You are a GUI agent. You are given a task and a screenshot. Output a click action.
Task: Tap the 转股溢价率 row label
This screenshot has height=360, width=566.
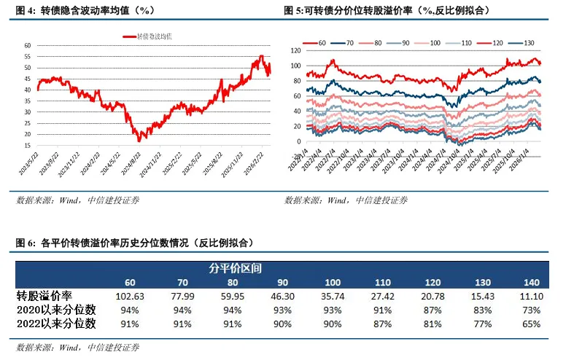[44, 297]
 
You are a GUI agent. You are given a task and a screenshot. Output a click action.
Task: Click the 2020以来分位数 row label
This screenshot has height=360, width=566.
[57, 310]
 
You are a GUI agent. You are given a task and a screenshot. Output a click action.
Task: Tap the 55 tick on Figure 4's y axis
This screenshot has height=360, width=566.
[27, 56]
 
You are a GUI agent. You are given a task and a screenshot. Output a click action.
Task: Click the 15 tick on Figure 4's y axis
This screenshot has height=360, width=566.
[27, 146]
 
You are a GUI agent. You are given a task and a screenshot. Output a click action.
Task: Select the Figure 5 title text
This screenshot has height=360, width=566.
[387, 10]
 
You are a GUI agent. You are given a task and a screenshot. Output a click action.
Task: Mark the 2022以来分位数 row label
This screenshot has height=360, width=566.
[57, 323]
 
